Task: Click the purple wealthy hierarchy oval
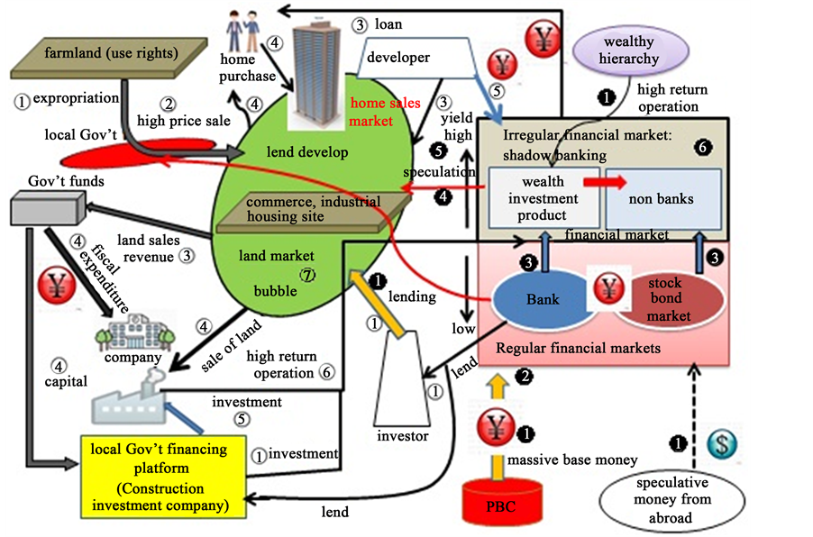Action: pyautogui.click(x=630, y=50)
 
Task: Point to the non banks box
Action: pyautogui.click(x=662, y=199)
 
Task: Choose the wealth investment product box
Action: pyautogui.click(x=544, y=199)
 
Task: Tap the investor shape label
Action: pyautogui.click(x=403, y=437)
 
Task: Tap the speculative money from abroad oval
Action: pyautogui.click(x=671, y=498)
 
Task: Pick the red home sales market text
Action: pyautogui.click(x=386, y=111)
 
